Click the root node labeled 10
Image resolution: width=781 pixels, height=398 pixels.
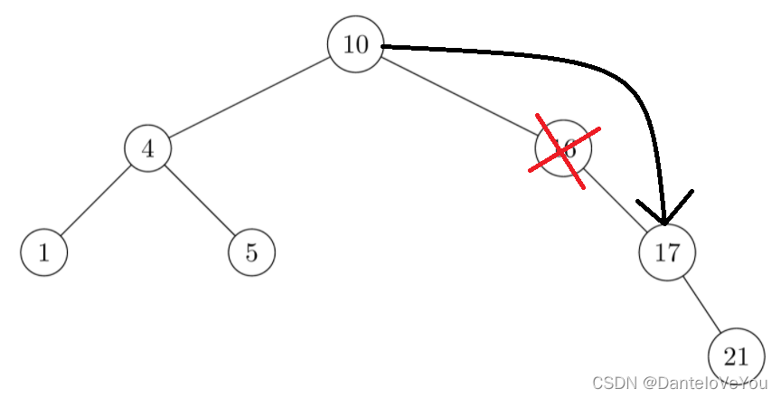pos(355,44)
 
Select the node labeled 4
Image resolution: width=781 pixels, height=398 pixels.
pos(147,148)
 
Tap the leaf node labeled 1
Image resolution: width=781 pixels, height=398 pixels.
pos(43,252)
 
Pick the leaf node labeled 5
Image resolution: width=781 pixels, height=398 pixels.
pos(251,252)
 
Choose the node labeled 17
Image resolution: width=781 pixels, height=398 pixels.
pos(667,252)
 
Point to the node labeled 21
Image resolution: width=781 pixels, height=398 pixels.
pos(737,355)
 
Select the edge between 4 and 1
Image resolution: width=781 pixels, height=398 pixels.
pos(95,201)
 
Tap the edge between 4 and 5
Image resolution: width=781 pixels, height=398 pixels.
pos(200,201)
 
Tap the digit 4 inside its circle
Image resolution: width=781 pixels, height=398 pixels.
pos(147,148)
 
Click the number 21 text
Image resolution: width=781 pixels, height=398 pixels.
pos(737,355)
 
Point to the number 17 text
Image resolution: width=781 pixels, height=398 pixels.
pos(667,252)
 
